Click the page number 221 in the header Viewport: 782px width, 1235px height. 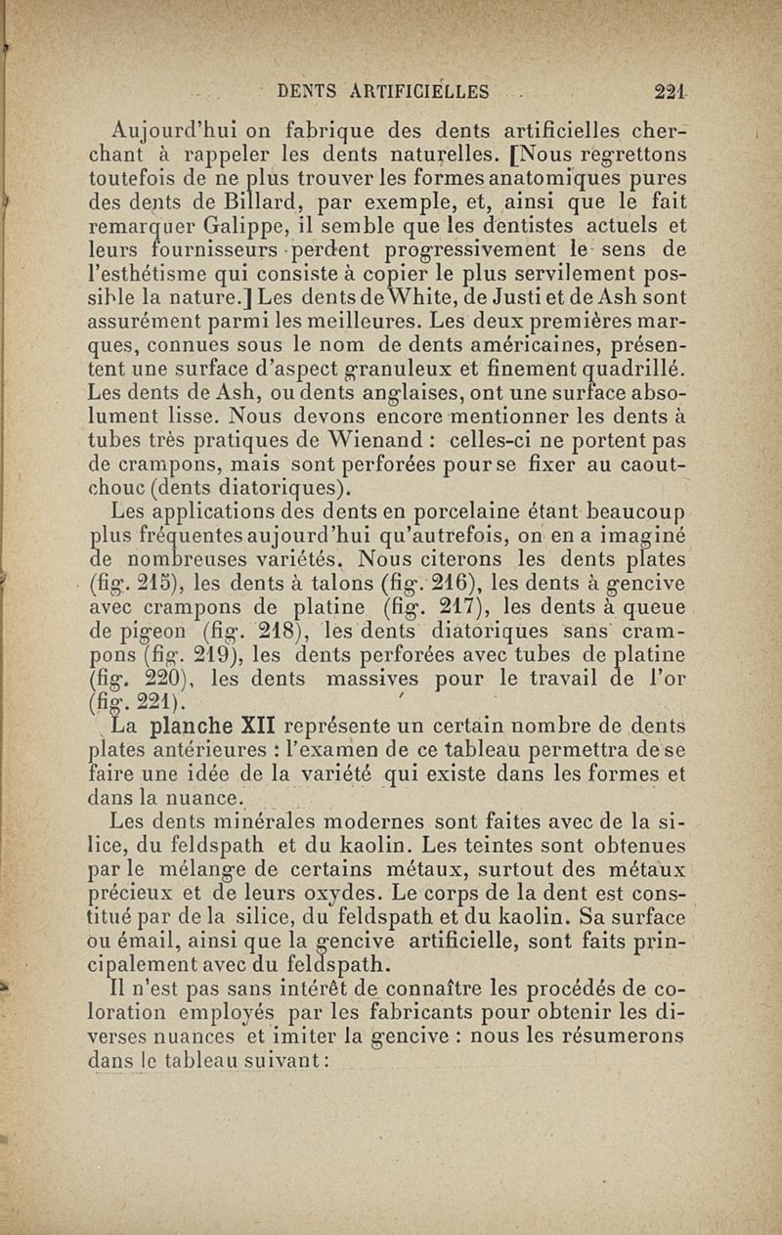pyautogui.click(x=671, y=93)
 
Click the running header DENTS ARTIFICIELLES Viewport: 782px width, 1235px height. pyautogui.click(x=383, y=93)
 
